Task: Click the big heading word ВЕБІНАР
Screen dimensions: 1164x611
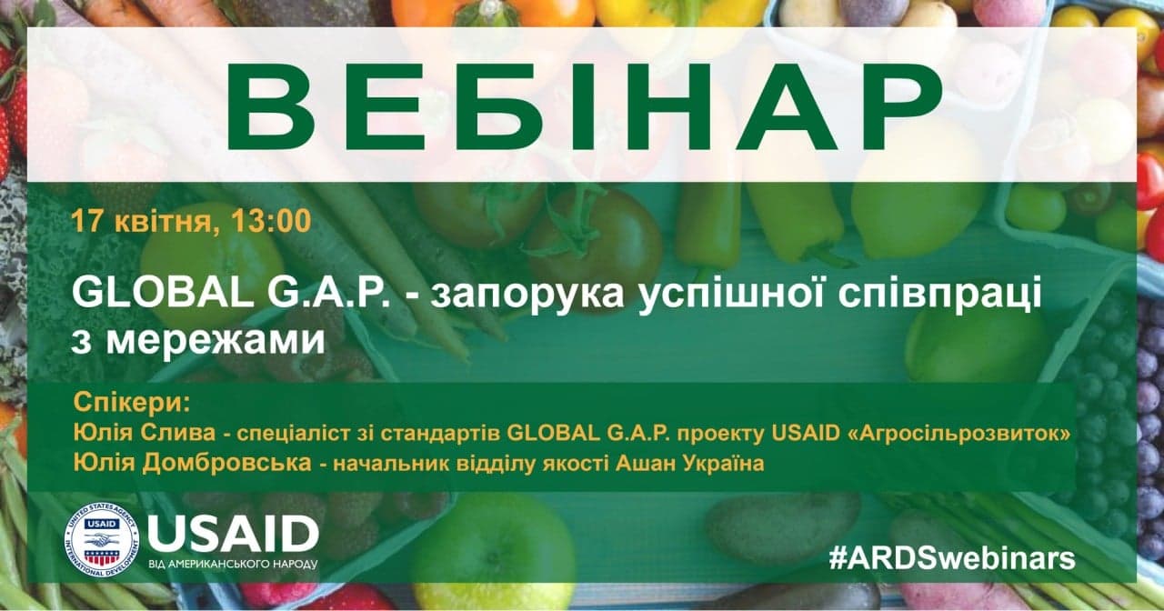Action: (583, 108)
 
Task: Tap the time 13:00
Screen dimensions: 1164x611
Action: (271, 221)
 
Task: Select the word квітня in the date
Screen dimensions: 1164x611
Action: (163, 221)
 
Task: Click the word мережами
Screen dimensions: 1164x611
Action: (216, 341)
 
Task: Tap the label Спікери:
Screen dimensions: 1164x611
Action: (133, 403)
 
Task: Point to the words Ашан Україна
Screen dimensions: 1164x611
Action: (689, 464)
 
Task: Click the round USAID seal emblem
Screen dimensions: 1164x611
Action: (102, 540)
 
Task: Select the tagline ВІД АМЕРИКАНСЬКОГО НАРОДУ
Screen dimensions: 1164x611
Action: (233, 565)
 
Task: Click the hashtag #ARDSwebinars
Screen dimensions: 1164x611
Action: (952, 559)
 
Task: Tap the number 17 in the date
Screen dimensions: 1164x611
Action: (87, 221)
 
